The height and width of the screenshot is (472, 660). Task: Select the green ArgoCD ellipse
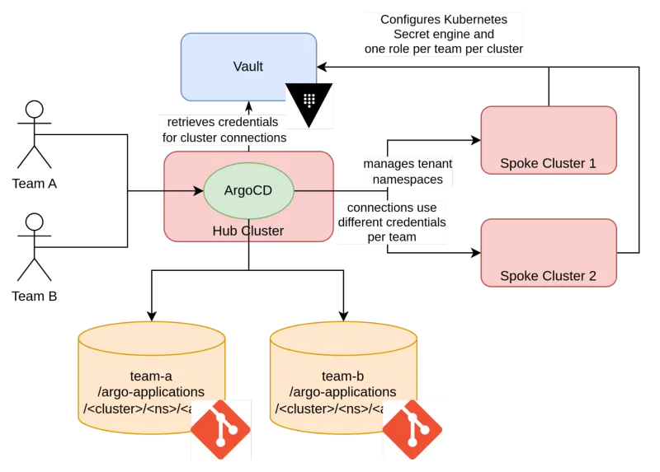pyautogui.click(x=248, y=190)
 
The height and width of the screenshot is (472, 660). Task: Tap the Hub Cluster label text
pyautogui.click(x=248, y=231)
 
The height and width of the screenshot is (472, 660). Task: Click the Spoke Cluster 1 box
pyautogui.click(x=548, y=140)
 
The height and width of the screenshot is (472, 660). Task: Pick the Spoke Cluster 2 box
pyautogui.click(x=548, y=252)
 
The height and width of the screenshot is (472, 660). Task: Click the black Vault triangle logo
pyautogui.click(x=309, y=104)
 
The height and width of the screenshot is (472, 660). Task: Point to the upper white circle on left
pyautogui.click(x=35, y=110)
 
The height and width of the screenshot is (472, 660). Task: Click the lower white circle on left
pyautogui.click(x=35, y=222)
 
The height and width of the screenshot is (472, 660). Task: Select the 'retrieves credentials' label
pyautogui.click(x=223, y=129)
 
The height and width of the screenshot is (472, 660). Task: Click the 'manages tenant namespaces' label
pyautogui.click(x=408, y=171)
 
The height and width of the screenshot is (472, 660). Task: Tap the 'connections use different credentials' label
pyautogui.click(x=392, y=222)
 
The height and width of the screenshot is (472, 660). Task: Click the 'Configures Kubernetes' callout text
pyautogui.click(x=444, y=34)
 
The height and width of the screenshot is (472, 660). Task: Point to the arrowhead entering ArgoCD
pyautogui.click(x=198, y=191)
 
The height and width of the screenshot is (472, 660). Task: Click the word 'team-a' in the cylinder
pyautogui.click(x=151, y=376)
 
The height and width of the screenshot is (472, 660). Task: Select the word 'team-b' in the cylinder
pyautogui.click(x=342, y=376)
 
